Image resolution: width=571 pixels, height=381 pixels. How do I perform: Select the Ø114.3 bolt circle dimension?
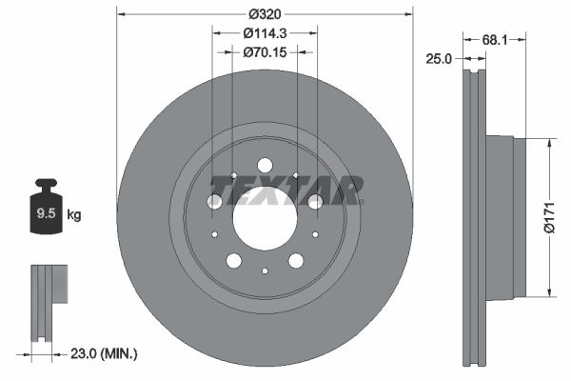coord(264,33)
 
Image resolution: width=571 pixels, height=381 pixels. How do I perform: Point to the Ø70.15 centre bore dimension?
coord(264,52)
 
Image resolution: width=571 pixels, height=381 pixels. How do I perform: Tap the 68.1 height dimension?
coord(492,40)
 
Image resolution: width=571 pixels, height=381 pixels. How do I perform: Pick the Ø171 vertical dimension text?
coord(549,216)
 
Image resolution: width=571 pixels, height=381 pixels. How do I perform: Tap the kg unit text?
coord(73,215)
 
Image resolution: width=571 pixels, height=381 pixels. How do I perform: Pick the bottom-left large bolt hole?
coord(233,260)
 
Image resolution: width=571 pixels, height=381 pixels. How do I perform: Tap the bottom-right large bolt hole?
coord(296,260)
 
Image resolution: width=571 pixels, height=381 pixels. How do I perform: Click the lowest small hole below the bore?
coord(265,271)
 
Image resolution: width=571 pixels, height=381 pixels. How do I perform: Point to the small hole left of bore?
coord(214,233)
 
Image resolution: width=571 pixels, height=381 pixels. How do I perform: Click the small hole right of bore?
coord(315,233)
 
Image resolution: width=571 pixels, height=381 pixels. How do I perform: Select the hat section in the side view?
coord(504,216)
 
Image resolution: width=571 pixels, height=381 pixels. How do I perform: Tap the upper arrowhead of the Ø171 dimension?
coord(549,143)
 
